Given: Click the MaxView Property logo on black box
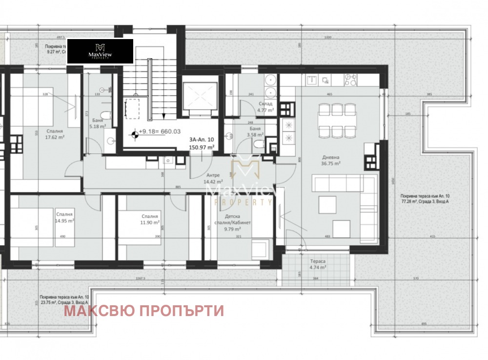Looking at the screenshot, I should tap(100, 51).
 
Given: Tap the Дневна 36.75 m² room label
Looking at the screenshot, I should tap(331, 161).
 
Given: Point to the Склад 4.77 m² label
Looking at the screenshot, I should tap(266, 107).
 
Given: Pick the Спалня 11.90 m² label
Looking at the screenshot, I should tap(150, 219).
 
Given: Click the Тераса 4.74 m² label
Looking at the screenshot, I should tap(318, 264).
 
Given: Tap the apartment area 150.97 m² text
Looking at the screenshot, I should tap(201, 147).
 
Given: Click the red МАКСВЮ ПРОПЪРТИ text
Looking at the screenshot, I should tap(144, 311).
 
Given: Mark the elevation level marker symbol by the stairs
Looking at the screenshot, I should tap(133, 131).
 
